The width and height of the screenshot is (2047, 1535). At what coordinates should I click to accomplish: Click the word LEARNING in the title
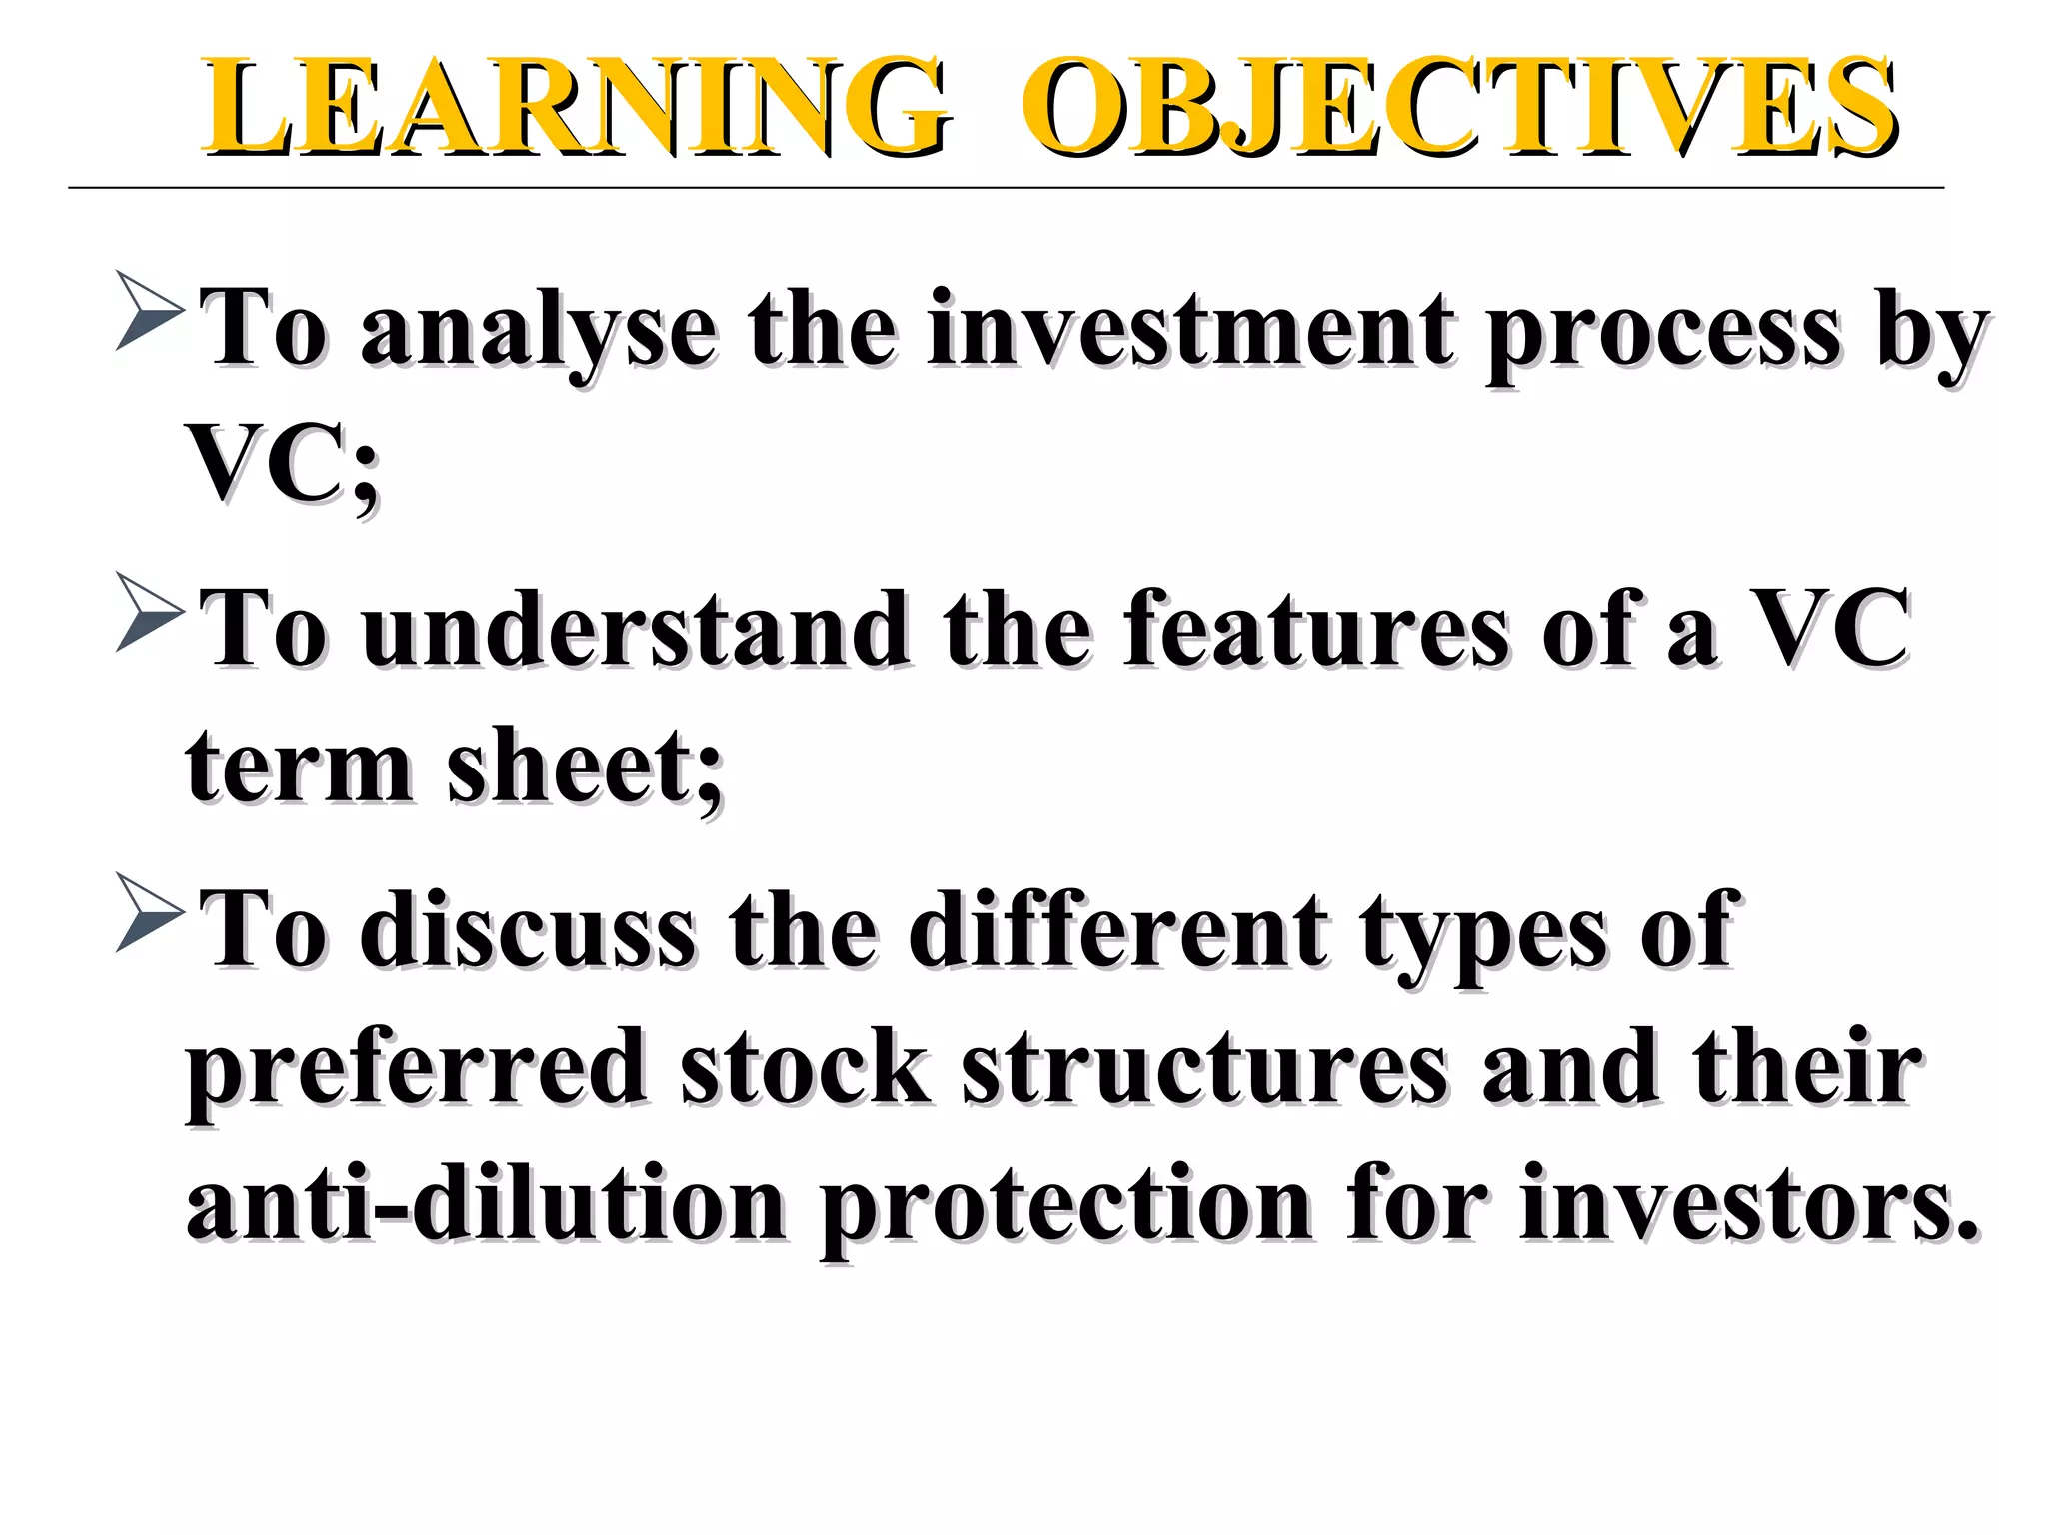[x=575, y=108]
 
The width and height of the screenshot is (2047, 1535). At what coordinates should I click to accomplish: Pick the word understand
[x=635, y=630]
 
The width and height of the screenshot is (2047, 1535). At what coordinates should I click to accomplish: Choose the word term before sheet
[x=299, y=767]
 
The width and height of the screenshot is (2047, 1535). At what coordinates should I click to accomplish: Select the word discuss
[x=527, y=931]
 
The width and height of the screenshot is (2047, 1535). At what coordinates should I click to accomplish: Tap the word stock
[x=806, y=1067]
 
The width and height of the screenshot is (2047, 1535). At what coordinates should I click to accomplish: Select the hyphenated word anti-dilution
[x=486, y=1204]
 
